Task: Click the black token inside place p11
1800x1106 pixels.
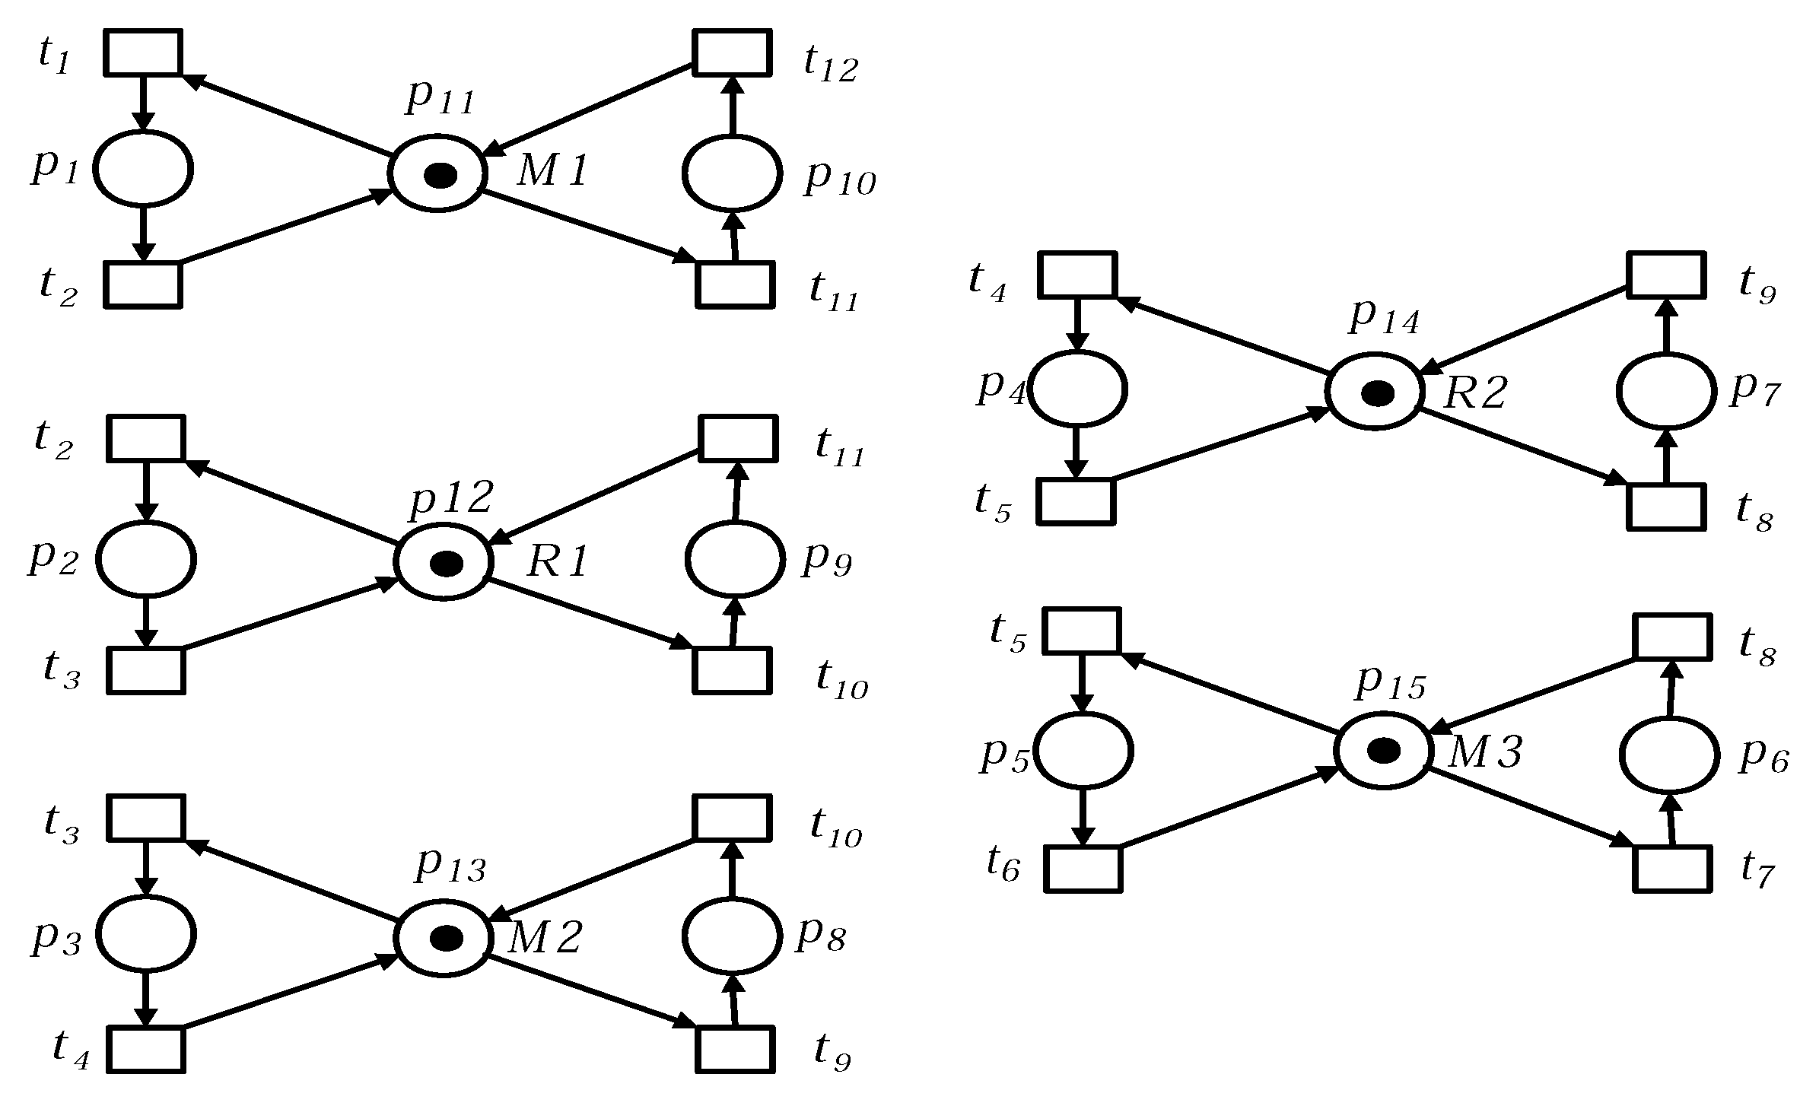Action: coord(440,176)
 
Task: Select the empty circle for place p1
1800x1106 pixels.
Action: coord(143,168)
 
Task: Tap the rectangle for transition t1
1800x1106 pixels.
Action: coord(143,52)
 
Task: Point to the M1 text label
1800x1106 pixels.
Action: coord(552,172)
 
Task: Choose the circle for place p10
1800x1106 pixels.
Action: coord(732,173)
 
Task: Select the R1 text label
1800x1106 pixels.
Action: coord(558,563)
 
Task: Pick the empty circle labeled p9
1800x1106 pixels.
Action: coord(734,559)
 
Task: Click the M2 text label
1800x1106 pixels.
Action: coord(543,938)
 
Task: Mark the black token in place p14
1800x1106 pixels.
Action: coord(1377,393)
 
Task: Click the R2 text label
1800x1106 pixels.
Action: coord(1474,393)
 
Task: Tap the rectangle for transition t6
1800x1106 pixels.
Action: coord(1082,868)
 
